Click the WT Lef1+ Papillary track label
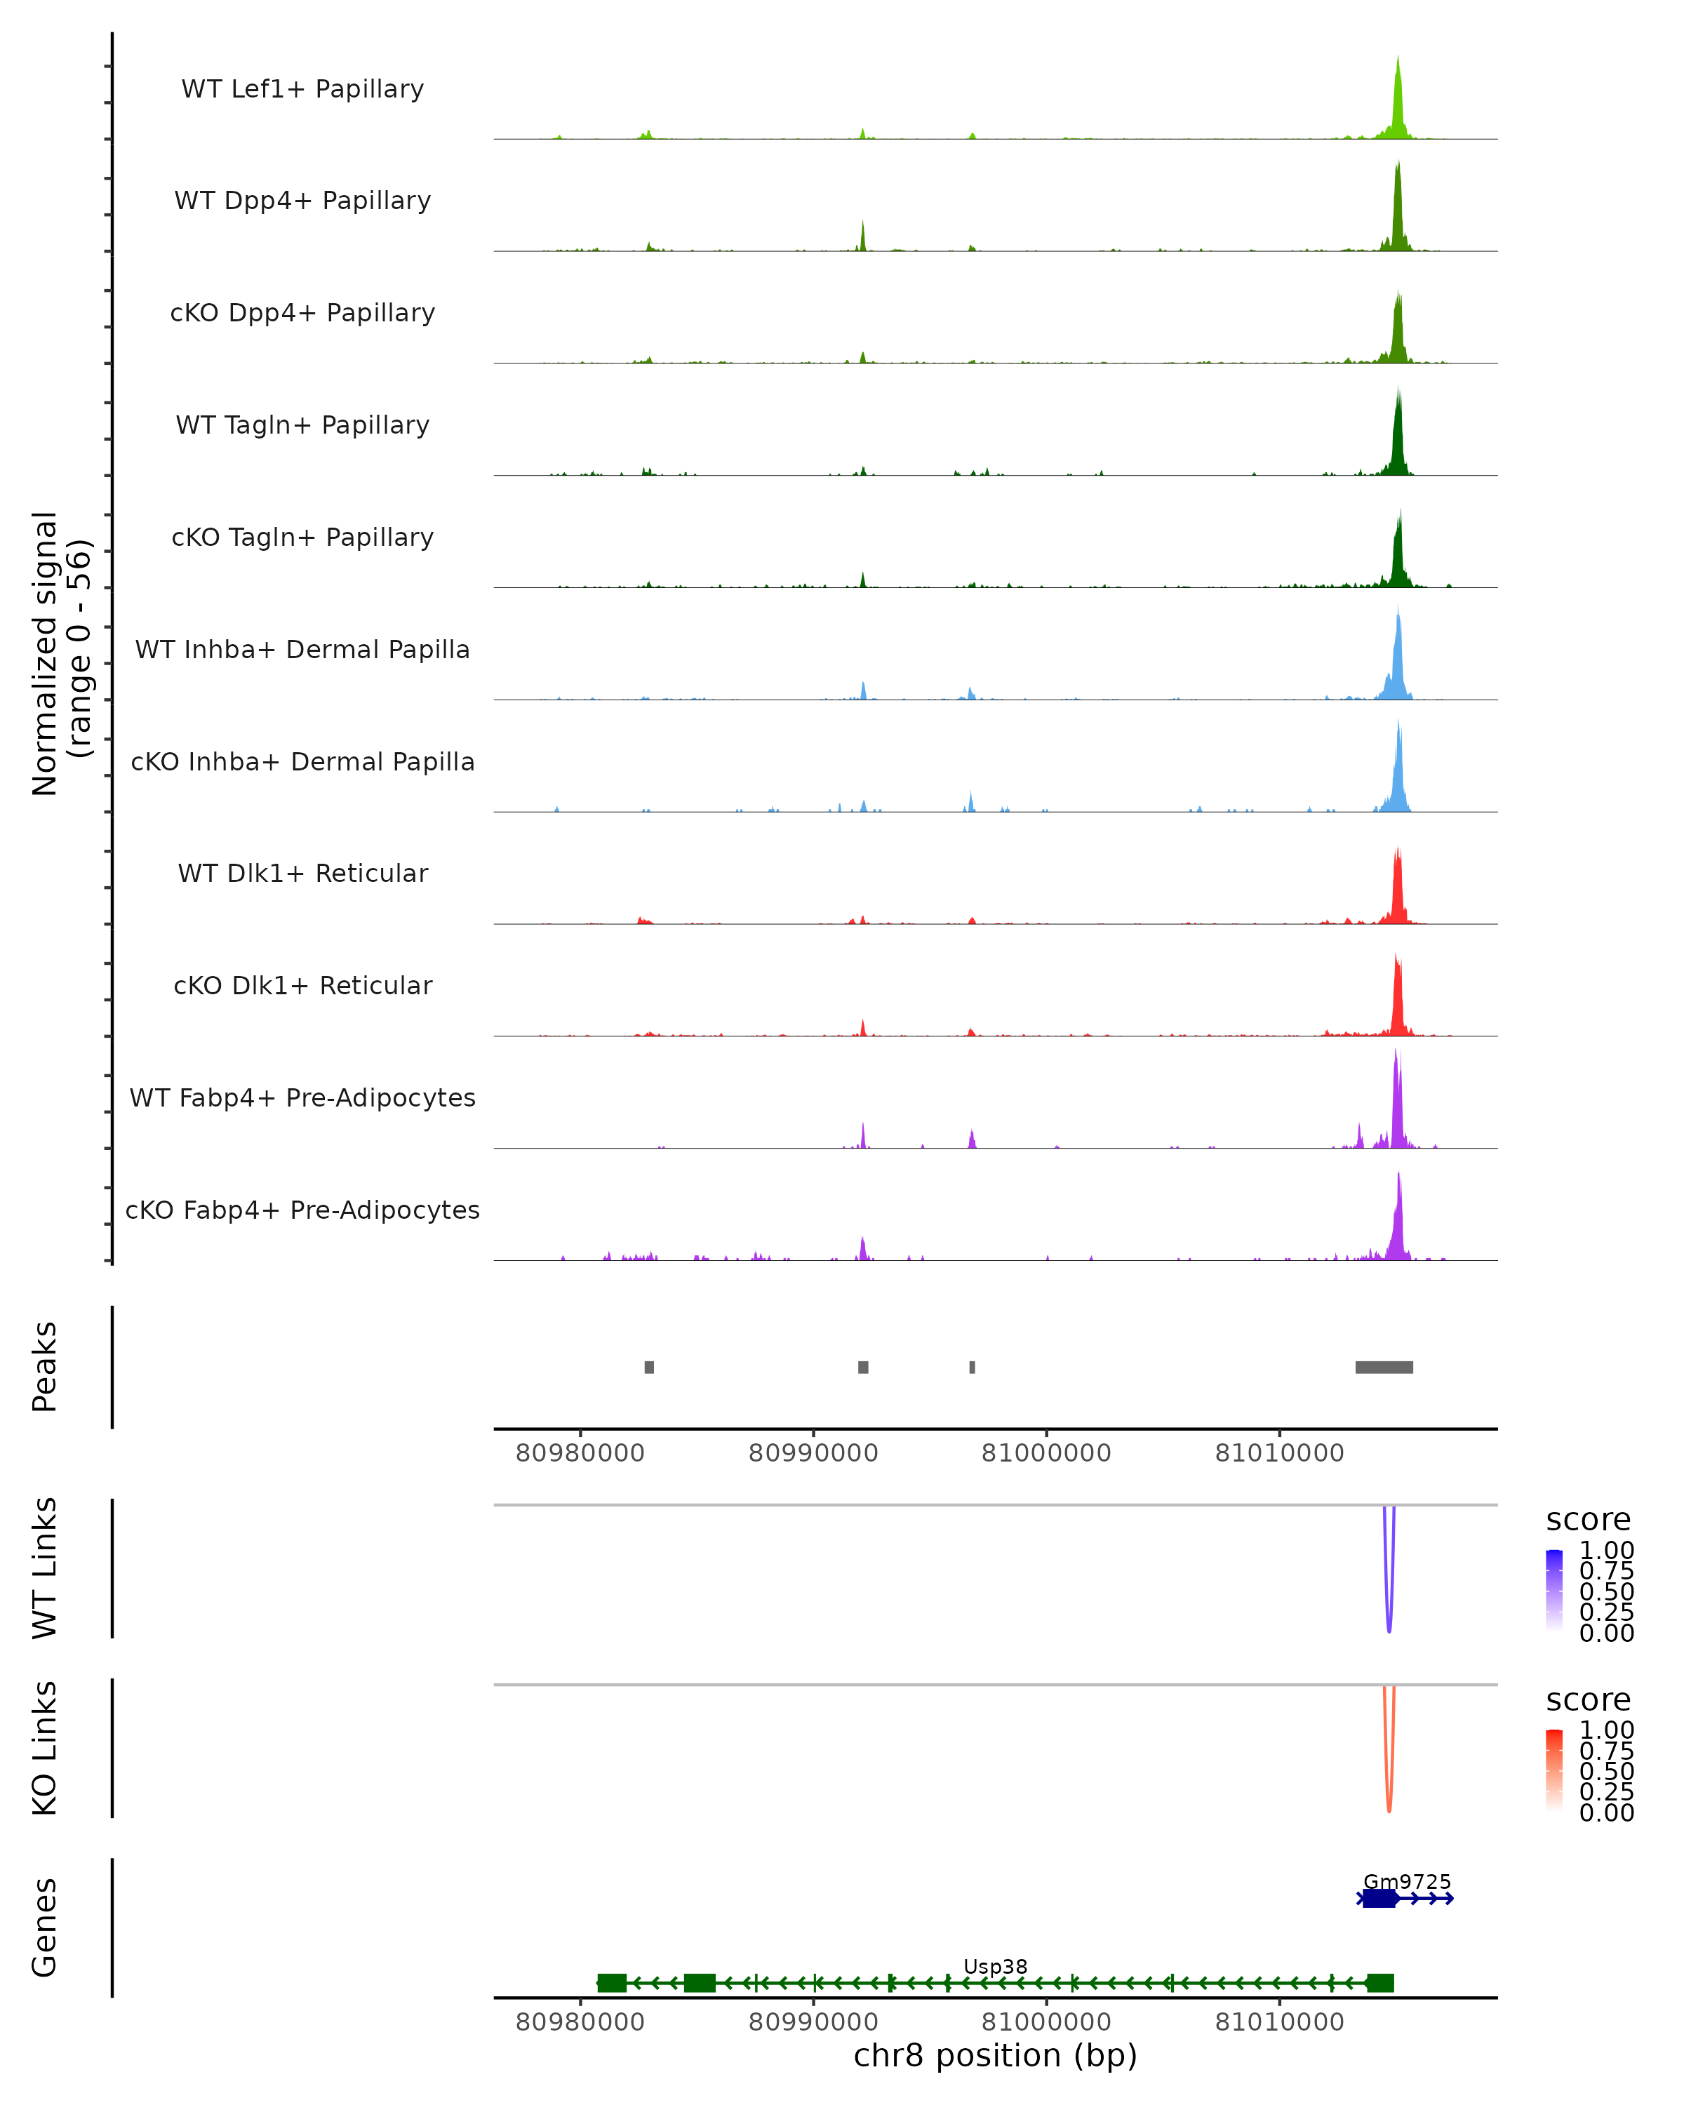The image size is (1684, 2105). point(302,89)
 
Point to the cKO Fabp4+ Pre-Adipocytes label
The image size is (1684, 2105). point(302,1210)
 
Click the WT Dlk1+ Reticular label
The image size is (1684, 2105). point(302,873)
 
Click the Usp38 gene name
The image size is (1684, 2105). point(995,1966)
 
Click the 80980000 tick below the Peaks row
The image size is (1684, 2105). point(580,1453)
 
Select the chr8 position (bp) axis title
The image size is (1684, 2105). point(995,2055)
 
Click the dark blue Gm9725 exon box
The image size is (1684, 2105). point(1379,1898)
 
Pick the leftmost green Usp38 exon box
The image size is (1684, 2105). point(612,1982)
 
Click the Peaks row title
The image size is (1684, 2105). point(45,1366)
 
